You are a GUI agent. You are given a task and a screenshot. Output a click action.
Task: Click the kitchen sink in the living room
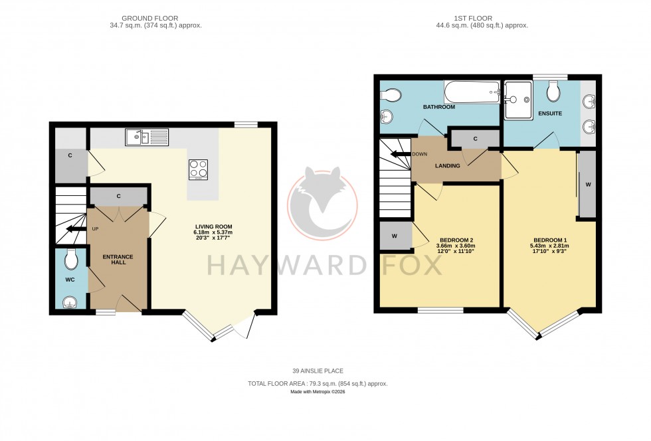(x=146, y=137)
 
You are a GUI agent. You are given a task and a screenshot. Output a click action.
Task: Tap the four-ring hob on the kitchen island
(x=199, y=169)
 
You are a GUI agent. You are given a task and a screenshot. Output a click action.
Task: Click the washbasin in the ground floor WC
(x=69, y=302)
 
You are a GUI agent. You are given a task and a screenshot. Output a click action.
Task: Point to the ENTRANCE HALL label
(x=118, y=259)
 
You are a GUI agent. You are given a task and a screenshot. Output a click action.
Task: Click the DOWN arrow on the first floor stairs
(x=401, y=154)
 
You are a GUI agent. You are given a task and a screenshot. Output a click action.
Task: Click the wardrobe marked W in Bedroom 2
(x=395, y=236)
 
